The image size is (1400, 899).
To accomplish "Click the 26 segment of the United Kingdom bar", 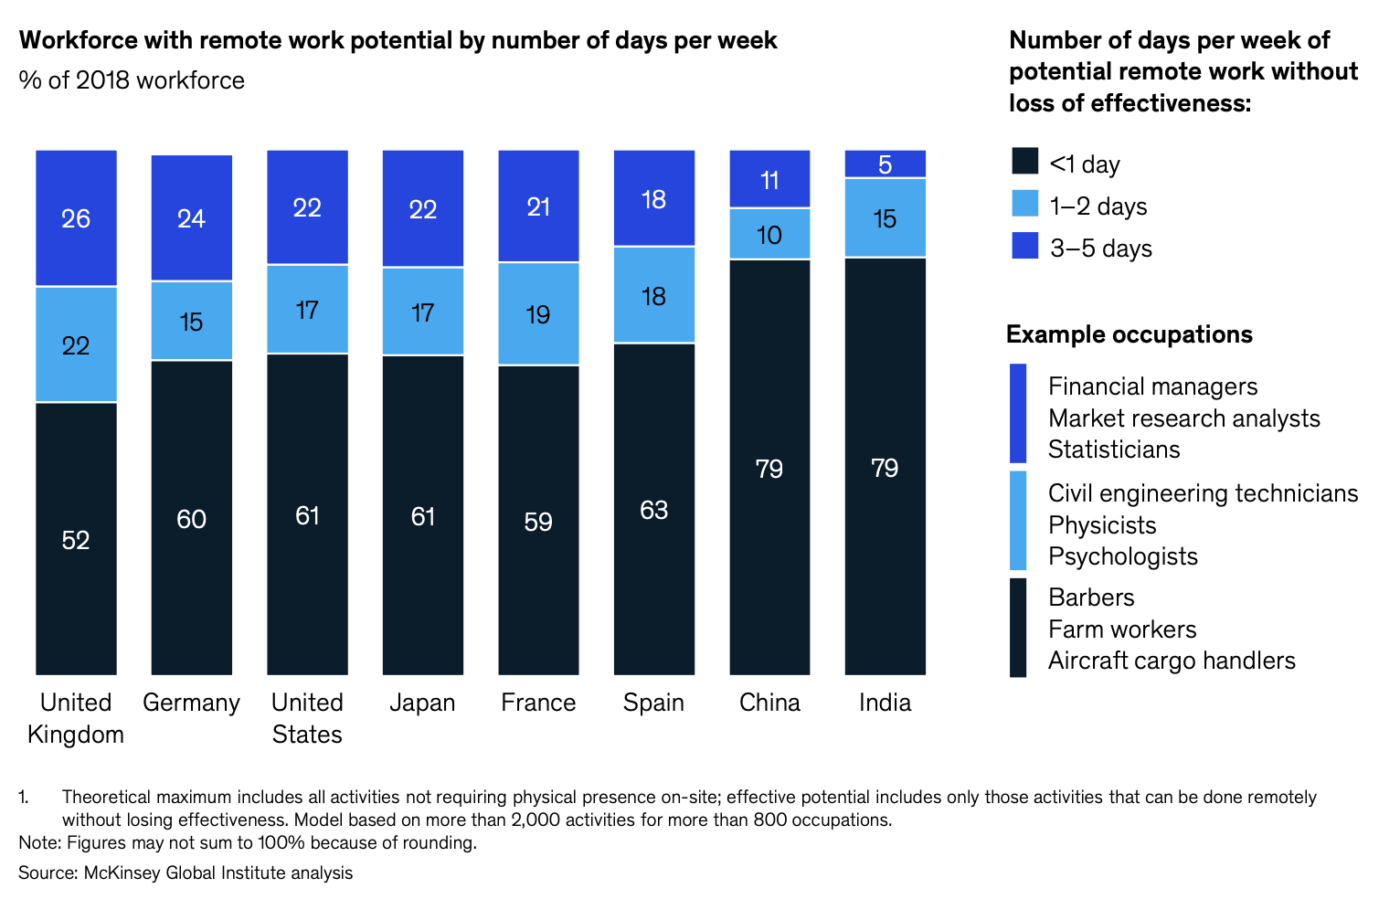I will (x=76, y=218).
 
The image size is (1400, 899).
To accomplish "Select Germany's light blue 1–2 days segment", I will (x=191, y=321).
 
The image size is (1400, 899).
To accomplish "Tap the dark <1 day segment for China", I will (x=769, y=467).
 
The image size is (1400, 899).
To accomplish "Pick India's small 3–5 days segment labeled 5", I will (x=885, y=164).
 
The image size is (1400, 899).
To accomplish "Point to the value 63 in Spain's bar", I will (x=653, y=510).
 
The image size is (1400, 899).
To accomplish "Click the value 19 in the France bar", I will (x=538, y=314).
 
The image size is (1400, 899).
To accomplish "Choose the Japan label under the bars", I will (x=422, y=703).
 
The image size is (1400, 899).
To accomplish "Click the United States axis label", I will (x=307, y=718).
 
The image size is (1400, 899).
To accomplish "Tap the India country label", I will (x=885, y=703).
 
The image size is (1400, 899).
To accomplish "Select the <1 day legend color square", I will (x=1025, y=161).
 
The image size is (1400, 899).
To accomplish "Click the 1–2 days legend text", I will (x=1098, y=206).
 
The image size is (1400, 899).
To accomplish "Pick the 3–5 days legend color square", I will (x=1025, y=246).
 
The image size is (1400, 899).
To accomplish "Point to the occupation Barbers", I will (x=1091, y=598).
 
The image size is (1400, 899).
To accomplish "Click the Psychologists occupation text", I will (x=1122, y=556).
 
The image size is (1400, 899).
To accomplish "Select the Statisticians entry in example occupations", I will (x=1114, y=449).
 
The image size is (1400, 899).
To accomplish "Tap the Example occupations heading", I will (x=1129, y=334).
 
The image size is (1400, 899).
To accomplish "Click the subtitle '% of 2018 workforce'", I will (x=132, y=80).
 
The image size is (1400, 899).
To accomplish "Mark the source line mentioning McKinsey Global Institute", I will (x=186, y=873).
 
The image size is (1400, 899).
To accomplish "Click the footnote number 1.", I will (x=24, y=798).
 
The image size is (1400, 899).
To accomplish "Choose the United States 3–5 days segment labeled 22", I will (x=307, y=207).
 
